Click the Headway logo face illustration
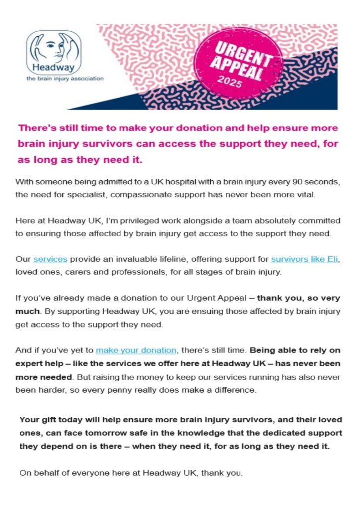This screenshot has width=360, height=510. tap(53, 48)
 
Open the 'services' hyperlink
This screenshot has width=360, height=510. tap(50, 259)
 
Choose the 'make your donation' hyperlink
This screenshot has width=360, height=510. tap(136, 350)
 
